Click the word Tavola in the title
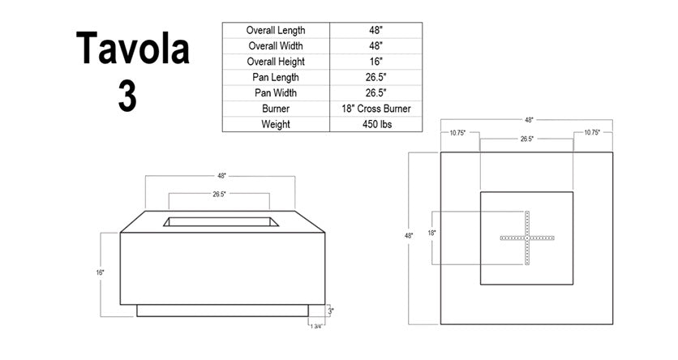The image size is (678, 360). coord(133,49)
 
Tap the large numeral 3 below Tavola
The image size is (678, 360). coord(127,96)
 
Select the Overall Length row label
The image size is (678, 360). coord(276,30)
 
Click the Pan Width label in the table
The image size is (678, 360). coord(276,93)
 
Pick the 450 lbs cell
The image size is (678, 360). coord(376,125)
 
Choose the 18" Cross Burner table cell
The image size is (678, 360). coord(376,109)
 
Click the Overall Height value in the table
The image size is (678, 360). coord(376,62)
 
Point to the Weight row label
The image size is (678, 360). coord(276,125)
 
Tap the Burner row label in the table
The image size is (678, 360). coord(276,109)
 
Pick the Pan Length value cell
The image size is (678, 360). coord(376,77)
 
